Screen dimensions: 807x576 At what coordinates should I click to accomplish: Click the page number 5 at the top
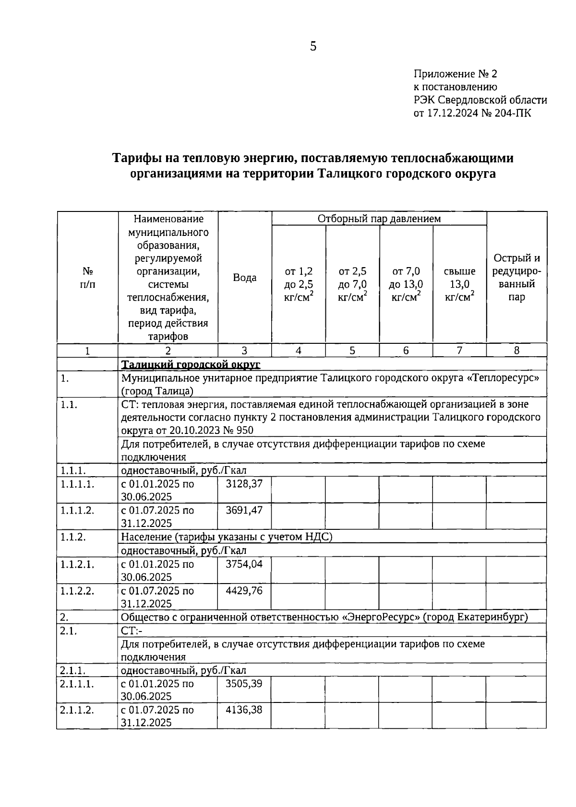pos(313,47)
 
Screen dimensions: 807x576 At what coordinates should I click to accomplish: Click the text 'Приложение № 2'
pos(456,74)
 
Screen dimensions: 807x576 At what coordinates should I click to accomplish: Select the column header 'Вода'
pos(245,278)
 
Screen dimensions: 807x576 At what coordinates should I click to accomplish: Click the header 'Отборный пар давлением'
pos(379,219)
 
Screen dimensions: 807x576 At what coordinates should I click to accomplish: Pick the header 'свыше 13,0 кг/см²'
pos(459,284)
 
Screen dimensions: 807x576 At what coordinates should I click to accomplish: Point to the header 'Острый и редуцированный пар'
pos(516,278)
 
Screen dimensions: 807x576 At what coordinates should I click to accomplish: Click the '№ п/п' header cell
pos(88,278)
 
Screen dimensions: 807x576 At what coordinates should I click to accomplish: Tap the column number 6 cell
pos(406,351)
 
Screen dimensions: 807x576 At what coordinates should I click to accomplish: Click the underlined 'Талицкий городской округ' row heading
pos(191,364)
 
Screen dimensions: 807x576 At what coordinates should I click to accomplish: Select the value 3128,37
pos(244,484)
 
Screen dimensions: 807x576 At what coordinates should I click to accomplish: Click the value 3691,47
pos(244,510)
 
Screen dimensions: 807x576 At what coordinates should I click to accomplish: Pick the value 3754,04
pos(244,564)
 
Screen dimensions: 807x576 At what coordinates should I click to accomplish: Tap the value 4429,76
pos(244,591)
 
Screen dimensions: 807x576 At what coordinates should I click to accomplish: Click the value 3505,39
pos(244,683)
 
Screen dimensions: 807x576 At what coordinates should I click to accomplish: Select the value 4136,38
pos(244,710)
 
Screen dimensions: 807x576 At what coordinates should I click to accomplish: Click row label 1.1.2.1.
pos(77,564)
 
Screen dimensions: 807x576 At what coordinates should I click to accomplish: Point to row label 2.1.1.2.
pos(77,710)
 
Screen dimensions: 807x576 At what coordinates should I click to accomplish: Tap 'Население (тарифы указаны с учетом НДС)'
pos(227,537)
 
